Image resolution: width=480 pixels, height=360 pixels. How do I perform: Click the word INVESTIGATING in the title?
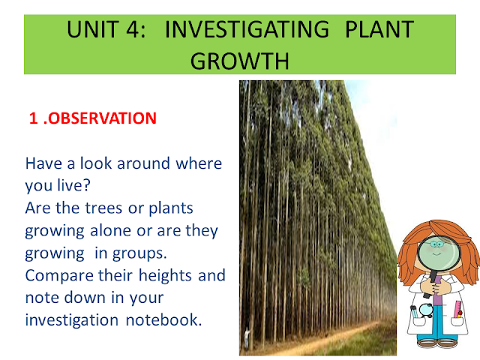click(x=247, y=29)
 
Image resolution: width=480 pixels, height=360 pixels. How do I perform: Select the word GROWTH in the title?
click(x=240, y=61)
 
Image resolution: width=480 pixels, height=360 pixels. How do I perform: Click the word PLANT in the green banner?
click(x=379, y=29)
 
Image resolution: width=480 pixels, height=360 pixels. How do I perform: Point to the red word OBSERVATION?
click(x=102, y=118)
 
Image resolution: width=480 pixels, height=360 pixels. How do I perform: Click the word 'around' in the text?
click(x=143, y=163)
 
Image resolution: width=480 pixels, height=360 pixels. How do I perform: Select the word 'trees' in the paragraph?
click(x=103, y=208)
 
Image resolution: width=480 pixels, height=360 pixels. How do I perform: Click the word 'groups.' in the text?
click(x=139, y=254)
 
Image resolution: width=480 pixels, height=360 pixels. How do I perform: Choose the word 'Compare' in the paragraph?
click(x=59, y=276)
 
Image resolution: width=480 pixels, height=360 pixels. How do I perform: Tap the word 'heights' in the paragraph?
click(x=165, y=275)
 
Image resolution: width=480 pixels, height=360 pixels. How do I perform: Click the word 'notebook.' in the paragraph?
click(x=163, y=320)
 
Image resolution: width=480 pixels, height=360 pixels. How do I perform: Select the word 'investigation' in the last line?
click(x=72, y=320)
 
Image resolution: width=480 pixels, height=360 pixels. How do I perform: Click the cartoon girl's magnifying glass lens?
click(x=439, y=252)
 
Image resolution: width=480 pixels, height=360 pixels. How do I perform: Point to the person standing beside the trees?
click(x=247, y=338)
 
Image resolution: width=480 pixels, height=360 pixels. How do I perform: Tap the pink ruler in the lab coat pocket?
click(x=458, y=310)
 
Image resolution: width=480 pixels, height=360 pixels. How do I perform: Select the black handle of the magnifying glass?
click(x=430, y=282)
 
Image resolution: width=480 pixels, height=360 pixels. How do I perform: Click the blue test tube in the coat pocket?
click(x=414, y=312)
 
